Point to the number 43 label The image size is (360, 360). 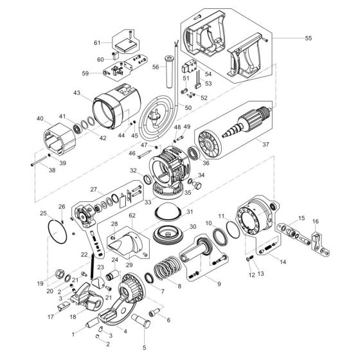coord(77,93)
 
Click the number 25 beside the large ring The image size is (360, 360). coord(43,213)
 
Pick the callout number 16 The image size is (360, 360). coord(315,221)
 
